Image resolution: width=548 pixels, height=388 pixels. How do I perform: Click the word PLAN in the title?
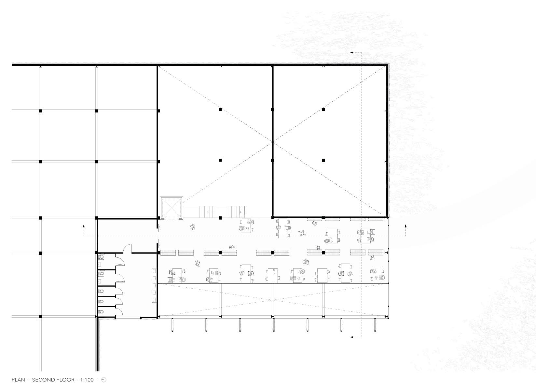click(x=18, y=380)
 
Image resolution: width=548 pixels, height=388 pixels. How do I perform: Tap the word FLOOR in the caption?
click(x=65, y=380)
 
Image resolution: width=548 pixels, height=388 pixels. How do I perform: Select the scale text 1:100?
click(x=87, y=380)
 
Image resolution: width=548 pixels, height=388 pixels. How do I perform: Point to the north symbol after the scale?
click(x=104, y=380)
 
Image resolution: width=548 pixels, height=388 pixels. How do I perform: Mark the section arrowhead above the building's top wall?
click(x=351, y=53)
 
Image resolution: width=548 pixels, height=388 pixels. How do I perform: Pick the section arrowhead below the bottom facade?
click(x=351, y=337)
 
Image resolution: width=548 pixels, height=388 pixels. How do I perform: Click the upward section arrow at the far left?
click(x=84, y=226)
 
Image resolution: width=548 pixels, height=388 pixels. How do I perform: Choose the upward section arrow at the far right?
click(x=405, y=226)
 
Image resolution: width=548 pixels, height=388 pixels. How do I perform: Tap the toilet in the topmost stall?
click(x=101, y=257)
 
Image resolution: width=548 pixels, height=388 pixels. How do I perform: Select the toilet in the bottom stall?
click(x=101, y=312)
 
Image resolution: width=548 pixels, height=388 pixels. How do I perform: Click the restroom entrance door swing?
click(x=128, y=248)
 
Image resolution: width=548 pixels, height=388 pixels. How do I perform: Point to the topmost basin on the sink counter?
click(x=154, y=271)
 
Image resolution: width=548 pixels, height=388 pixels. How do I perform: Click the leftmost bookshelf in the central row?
click(x=168, y=252)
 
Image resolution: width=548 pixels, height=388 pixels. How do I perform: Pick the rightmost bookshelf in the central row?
click(x=376, y=252)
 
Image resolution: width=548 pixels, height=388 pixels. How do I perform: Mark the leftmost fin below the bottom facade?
click(x=172, y=325)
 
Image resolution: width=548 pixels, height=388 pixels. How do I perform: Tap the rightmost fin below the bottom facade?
click(x=375, y=325)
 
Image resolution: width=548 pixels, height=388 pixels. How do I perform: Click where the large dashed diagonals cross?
click(x=272, y=142)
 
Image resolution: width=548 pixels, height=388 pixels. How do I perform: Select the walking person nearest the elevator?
click(x=193, y=227)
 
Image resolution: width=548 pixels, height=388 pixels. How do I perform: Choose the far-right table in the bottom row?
click(x=377, y=275)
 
